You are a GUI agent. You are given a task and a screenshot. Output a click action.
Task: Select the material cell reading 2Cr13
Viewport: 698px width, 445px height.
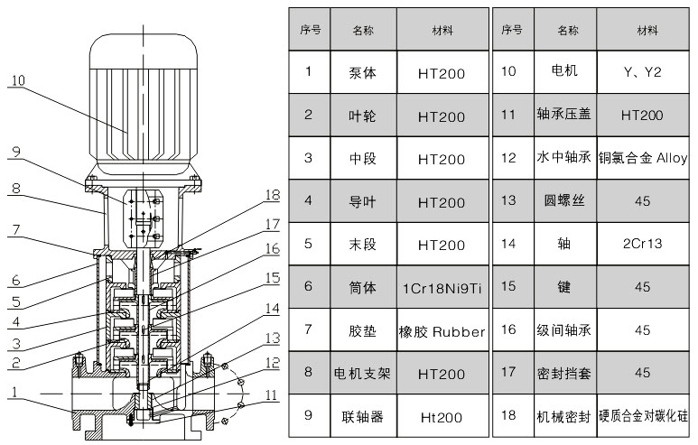point(642,244)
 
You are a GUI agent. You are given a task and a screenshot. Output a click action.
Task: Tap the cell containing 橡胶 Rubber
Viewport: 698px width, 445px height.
point(442,330)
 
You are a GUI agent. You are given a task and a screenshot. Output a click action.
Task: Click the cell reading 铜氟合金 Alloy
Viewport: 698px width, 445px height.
point(642,158)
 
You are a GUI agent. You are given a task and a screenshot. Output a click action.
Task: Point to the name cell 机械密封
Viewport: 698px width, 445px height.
point(563,415)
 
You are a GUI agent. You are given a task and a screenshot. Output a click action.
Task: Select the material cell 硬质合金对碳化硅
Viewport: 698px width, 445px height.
point(642,415)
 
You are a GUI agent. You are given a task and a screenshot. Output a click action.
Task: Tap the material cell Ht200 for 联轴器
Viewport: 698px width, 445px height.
point(442,417)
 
